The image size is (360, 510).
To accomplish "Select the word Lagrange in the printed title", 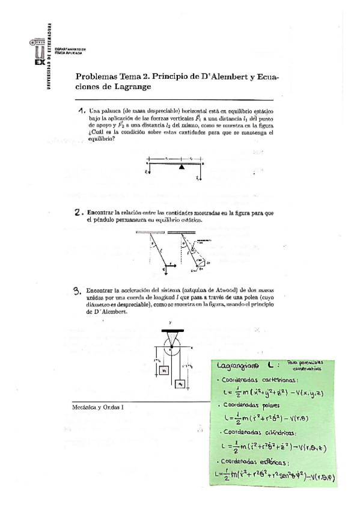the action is click(x=130, y=87).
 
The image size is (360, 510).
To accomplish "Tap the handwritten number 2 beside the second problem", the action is click(x=78, y=212).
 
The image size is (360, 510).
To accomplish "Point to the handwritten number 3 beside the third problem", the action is click(x=77, y=290).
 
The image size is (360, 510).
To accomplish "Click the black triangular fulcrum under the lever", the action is click(x=181, y=168).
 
